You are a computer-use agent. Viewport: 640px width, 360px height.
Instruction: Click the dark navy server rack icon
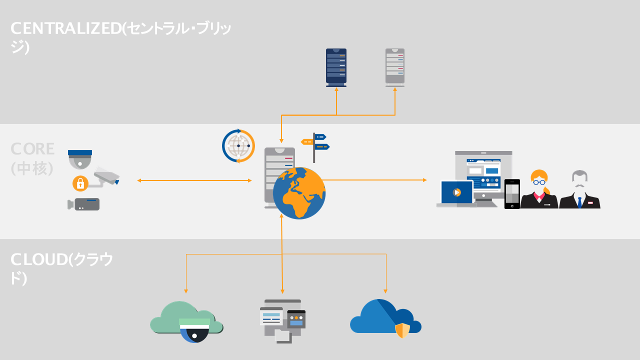(336, 67)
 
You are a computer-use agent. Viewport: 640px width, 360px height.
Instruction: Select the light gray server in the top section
(394, 67)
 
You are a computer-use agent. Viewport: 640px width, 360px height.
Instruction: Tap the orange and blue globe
(299, 193)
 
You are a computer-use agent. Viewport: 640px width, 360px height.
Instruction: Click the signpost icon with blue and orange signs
(315, 145)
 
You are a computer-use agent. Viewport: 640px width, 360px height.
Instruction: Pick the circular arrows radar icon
(238, 146)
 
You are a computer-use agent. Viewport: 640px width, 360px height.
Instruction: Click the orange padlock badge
(80, 183)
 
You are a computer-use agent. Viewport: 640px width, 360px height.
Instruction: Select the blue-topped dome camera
(80, 159)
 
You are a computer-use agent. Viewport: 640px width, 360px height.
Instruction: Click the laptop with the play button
(456, 193)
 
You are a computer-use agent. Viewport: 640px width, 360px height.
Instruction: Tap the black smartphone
(512, 193)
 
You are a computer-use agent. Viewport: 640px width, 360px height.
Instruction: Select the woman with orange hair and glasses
(539, 190)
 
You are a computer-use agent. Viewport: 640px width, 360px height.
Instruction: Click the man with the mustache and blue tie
(579, 190)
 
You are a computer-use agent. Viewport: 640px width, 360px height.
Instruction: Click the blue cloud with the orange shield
(385, 318)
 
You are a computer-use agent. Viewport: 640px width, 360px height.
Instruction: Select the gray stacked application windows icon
(282, 320)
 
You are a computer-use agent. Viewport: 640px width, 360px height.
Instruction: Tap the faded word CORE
(33, 149)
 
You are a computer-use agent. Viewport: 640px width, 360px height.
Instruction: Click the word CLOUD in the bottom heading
(39, 259)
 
